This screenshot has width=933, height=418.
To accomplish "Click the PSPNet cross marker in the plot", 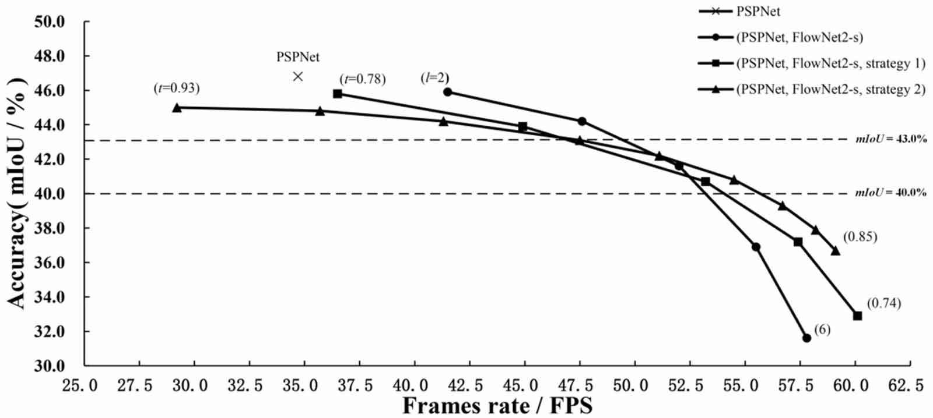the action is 298,76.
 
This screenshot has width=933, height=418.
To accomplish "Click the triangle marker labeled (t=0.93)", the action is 177,108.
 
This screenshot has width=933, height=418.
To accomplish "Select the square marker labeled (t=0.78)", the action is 338,94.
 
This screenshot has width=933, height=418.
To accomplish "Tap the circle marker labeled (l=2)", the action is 448,92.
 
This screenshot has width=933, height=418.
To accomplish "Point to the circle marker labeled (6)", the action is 807,338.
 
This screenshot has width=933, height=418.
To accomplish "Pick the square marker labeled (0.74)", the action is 857,316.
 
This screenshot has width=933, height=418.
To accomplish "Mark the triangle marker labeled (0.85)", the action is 835,251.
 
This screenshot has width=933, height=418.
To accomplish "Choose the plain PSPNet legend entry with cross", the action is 739,11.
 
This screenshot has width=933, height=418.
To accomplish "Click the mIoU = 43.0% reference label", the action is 892,139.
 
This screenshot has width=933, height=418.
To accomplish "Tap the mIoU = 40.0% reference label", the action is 892,192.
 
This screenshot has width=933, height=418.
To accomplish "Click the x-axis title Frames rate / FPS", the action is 497,406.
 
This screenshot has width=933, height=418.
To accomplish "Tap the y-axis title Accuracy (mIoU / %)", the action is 17,193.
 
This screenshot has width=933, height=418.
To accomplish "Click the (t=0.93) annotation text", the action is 177,88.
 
